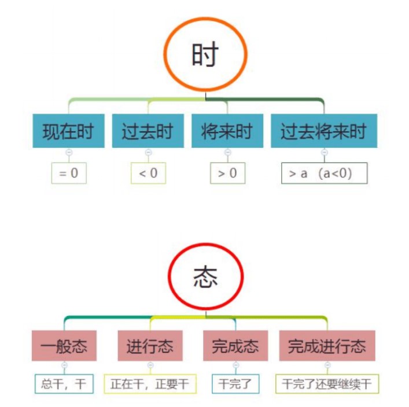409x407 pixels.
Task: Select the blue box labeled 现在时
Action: [68, 131]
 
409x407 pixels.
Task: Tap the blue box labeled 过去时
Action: [148, 131]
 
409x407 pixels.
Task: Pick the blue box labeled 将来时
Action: [227, 131]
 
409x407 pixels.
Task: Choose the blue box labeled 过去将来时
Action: [323, 131]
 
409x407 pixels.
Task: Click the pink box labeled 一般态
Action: [64, 346]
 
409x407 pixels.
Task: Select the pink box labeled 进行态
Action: [150, 346]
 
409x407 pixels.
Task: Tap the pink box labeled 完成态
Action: [235, 346]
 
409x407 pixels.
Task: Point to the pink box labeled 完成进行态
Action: [327, 346]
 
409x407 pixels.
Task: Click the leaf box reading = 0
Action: [69, 173]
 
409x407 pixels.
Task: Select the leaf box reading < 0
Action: [148, 173]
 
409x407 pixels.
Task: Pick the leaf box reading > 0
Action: [227, 173]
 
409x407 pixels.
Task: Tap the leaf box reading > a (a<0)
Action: [324, 173]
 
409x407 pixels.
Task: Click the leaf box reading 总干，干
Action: [64, 383]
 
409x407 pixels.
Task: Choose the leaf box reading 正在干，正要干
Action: [150, 383]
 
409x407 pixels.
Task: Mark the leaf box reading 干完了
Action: [235, 383]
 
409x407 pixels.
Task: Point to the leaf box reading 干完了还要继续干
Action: [327, 383]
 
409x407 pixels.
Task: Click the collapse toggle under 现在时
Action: [69, 152]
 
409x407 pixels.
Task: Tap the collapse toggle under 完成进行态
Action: [327, 365]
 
